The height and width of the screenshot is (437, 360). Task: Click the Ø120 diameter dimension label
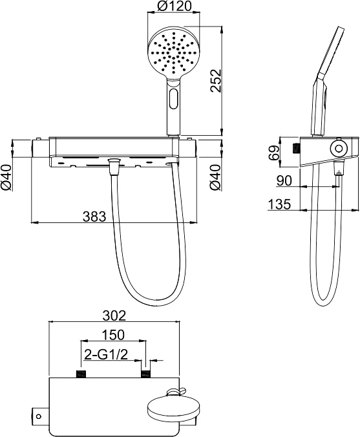(174, 6)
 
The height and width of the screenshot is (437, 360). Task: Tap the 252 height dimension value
(216, 80)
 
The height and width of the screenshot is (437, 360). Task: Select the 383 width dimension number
(94, 217)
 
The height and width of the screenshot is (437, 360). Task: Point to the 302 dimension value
(114, 315)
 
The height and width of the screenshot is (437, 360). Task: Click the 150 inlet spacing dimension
(112, 335)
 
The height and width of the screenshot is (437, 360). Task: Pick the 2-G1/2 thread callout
(106, 354)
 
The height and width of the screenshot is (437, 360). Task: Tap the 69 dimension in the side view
(275, 152)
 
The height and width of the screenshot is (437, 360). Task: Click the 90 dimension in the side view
(284, 180)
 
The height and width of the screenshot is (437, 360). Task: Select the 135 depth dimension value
(279, 204)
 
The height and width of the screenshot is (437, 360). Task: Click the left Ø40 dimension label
(6, 178)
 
